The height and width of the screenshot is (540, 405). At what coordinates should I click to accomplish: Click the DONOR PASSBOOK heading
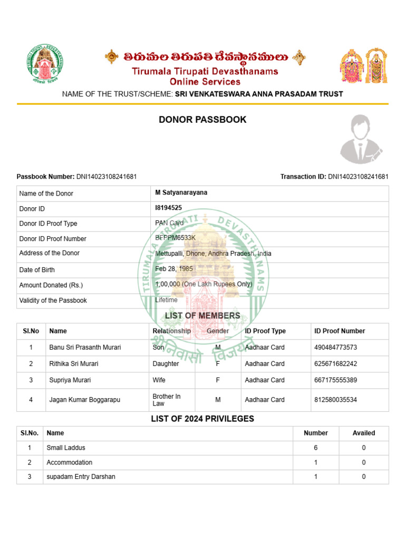click(202, 120)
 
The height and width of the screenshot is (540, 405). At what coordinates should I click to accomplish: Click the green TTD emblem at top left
click(45, 66)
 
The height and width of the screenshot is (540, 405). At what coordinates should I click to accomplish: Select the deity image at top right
click(363, 66)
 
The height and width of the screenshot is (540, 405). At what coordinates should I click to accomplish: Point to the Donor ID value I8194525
click(168, 208)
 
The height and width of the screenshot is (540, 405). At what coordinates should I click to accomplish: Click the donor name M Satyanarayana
click(181, 193)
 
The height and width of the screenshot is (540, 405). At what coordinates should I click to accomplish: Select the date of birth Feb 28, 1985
click(174, 269)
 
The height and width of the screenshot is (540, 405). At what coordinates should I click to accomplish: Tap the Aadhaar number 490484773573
click(335, 348)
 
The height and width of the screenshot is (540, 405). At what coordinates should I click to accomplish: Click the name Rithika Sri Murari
click(74, 364)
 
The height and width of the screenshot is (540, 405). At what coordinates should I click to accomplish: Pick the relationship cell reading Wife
click(159, 380)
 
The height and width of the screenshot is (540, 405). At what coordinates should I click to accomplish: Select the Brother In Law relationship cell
click(166, 400)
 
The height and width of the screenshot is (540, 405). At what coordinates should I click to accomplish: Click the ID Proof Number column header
click(340, 331)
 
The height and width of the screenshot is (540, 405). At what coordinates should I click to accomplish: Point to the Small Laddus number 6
click(315, 448)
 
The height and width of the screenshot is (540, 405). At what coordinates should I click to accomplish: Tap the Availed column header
click(363, 433)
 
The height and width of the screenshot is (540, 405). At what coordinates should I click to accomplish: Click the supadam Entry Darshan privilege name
click(81, 477)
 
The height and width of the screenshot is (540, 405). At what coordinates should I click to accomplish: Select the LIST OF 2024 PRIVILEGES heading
click(202, 419)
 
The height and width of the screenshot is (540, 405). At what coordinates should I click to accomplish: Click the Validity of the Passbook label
click(53, 301)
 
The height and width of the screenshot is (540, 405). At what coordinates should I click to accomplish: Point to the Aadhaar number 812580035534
click(335, 400)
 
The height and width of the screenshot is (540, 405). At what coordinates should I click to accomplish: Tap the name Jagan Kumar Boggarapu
click(84, 400)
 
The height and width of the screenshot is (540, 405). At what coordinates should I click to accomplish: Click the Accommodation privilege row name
click(69, 462)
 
